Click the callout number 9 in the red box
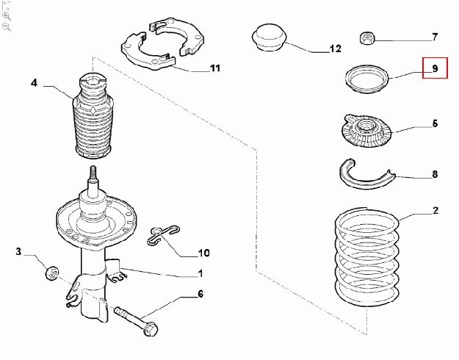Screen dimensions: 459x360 click(435, 68)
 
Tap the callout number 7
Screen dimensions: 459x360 click(435, 37)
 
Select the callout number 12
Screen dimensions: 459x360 click(336, 48)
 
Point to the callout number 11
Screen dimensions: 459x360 click(215, 68)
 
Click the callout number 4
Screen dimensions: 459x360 click(35, 83)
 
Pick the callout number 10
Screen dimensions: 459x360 click(203, 253)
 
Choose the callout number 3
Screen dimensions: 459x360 click(18, 251)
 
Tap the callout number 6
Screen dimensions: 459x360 click(200, 294)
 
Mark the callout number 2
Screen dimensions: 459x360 click(435, 210)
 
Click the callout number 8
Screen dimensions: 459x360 click(435, 174)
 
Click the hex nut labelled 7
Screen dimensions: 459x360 click(366, 38)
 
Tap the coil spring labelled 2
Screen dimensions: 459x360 click(367, 256)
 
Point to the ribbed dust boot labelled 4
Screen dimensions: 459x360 click(93, 116)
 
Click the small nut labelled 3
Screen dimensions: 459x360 click(52, 273)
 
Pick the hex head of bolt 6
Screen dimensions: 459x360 click(151, 328)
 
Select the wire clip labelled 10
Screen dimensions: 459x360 click(163, 235)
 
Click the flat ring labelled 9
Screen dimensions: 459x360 click(366, 79)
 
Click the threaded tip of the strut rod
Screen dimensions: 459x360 click(93, 172)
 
